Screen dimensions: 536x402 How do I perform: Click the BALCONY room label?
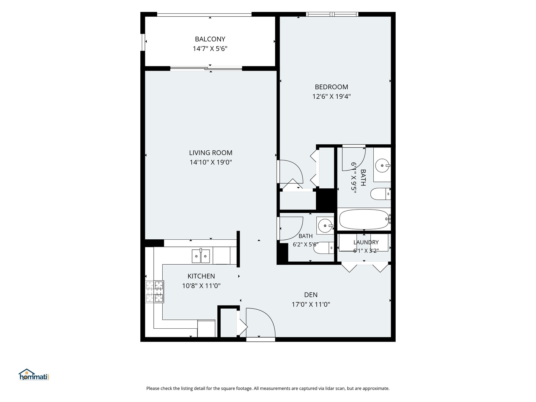210,39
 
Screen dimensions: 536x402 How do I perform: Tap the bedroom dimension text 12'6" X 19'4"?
331,96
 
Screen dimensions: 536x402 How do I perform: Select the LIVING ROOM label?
211,153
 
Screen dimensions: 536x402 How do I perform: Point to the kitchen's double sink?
201,256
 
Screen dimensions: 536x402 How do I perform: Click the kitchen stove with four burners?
154,292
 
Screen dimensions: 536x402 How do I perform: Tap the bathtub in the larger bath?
364,219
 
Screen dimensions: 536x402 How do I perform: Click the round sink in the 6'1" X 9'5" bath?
383,166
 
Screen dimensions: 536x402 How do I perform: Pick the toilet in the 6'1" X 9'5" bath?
380,194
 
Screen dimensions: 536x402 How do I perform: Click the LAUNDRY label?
366,242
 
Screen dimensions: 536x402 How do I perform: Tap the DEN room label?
310,295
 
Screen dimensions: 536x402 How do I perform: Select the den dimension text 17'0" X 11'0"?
310,304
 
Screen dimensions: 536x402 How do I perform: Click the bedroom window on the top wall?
332,15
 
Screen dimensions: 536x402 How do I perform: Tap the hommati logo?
34,374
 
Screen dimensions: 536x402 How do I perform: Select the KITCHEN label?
201,276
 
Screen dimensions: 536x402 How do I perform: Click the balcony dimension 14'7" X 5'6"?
210,48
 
